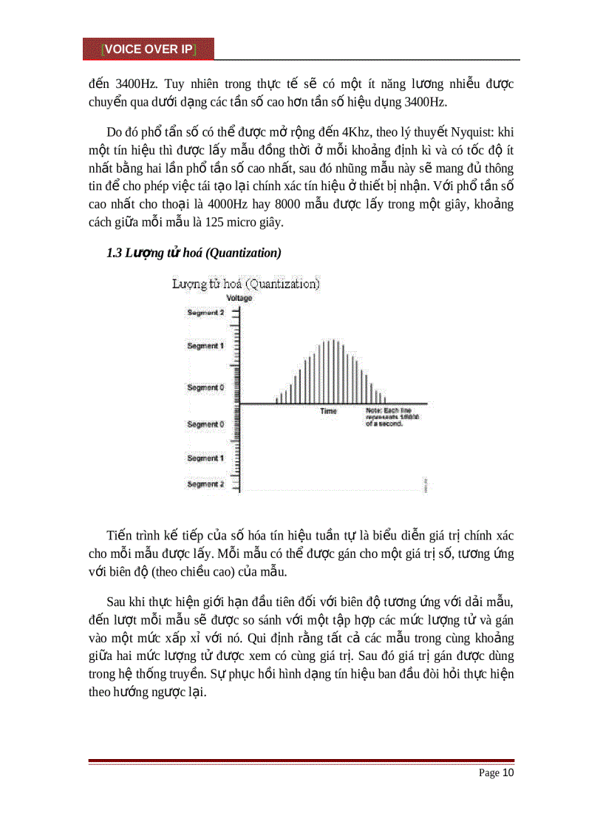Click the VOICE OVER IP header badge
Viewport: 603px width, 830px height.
point(149,49)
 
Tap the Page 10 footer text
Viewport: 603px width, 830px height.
point(496,773)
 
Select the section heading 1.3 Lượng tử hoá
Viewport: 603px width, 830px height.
point(194,254)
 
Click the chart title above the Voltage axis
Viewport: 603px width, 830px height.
point(245,284)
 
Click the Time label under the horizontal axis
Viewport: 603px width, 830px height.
point(329,411)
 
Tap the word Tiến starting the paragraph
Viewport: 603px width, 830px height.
point(120,535)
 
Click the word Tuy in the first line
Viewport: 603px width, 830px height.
point(151,84)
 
